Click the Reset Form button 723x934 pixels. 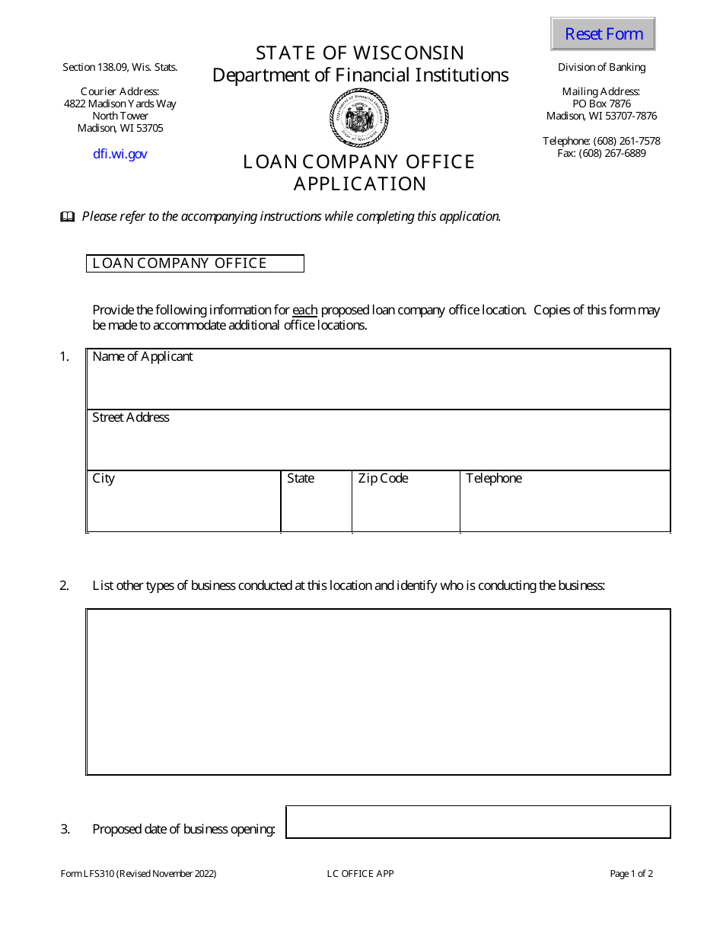603,34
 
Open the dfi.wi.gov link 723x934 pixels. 120,154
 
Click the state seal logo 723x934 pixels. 360,118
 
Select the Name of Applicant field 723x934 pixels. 378,385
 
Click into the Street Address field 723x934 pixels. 378,446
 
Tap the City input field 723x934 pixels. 183,507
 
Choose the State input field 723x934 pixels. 317,507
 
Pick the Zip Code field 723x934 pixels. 406,507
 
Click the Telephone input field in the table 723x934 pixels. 565,507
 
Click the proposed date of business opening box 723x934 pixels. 478,822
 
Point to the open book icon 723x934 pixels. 68,217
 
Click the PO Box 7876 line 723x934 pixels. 601,104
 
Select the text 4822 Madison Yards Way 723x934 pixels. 120,104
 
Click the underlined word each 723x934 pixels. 304,310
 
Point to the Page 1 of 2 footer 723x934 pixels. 631,874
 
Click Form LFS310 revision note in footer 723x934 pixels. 139,874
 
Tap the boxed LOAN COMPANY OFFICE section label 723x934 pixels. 195,263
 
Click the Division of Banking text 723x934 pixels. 601,67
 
